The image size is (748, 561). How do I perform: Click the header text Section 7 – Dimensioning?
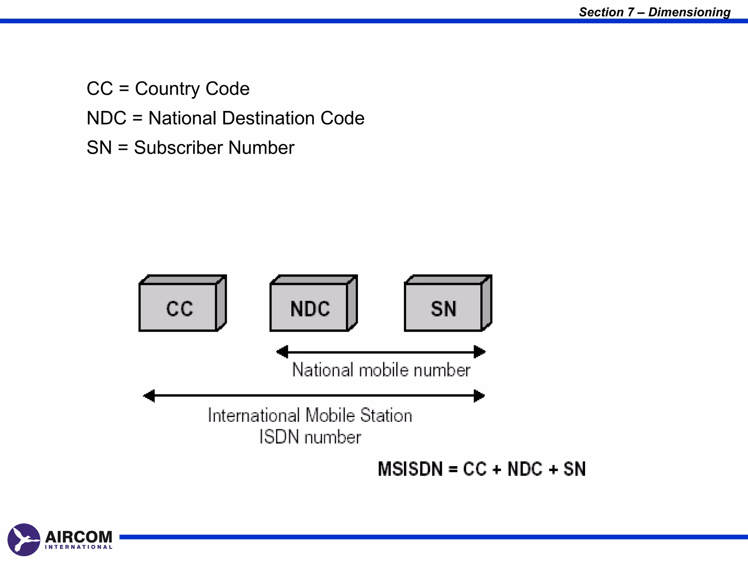654,12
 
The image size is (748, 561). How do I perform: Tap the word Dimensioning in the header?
689,12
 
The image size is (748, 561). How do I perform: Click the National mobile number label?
381,370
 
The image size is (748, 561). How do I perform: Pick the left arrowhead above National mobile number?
282,352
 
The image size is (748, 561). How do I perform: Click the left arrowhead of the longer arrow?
149,396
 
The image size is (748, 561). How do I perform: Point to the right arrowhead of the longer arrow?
479,396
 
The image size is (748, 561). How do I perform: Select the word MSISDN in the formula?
410,469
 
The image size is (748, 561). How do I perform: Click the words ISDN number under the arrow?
310,437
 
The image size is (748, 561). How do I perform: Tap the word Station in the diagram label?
386,416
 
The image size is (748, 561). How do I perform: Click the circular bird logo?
24,539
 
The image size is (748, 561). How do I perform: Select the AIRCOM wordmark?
79,537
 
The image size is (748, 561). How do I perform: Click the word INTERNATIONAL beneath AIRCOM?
79,547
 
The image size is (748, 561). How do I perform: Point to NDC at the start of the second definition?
106,118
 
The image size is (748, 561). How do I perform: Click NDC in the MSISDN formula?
525,469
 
